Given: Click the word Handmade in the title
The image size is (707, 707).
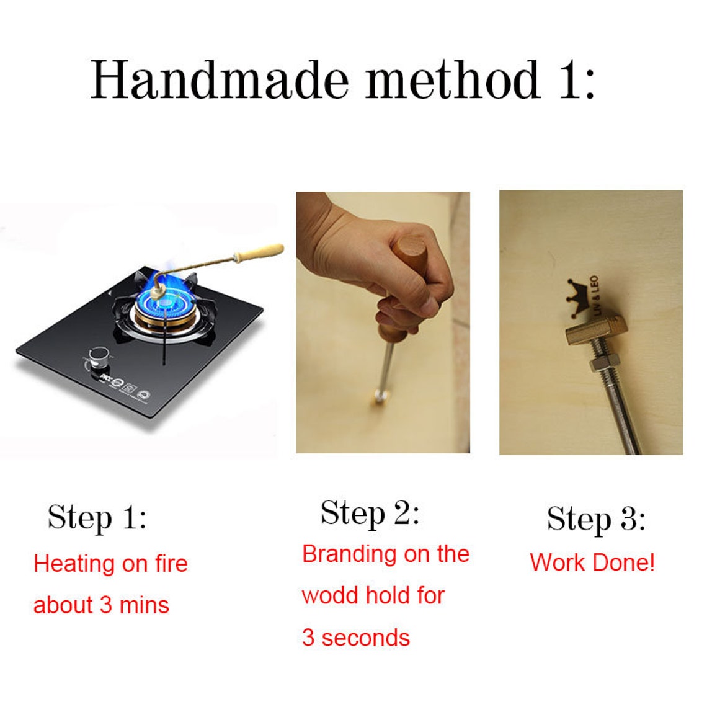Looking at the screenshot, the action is (x=220, y=79).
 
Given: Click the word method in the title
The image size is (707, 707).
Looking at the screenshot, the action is (x=453, y=79).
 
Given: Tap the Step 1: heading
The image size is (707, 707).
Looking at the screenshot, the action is (x=97, y=518).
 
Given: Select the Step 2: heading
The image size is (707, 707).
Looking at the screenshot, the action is (x=370, y=513).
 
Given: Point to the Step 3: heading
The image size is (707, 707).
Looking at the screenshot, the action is (x=596, y=519).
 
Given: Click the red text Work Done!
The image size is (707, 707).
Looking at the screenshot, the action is (x=592, y=562).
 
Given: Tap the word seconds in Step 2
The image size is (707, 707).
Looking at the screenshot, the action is (x=366, y=638).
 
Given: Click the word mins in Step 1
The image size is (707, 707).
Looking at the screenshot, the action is (x=145, y=605).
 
